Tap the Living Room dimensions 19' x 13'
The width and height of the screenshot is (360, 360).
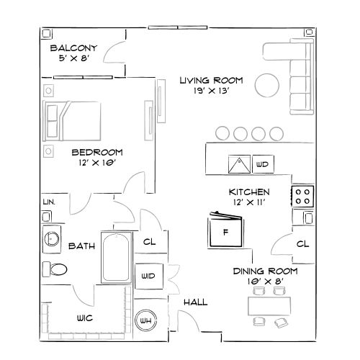(212, 92)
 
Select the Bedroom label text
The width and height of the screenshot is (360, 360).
(96, 152)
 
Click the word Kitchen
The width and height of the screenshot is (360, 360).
(249, 192)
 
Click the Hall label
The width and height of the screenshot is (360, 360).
(195, 302)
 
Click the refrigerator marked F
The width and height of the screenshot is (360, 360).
(225, 233)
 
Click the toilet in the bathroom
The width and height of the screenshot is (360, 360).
(55, 270)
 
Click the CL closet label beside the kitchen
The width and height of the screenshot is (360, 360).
(302, 244)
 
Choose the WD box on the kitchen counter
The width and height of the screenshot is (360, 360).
(263, 165)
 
